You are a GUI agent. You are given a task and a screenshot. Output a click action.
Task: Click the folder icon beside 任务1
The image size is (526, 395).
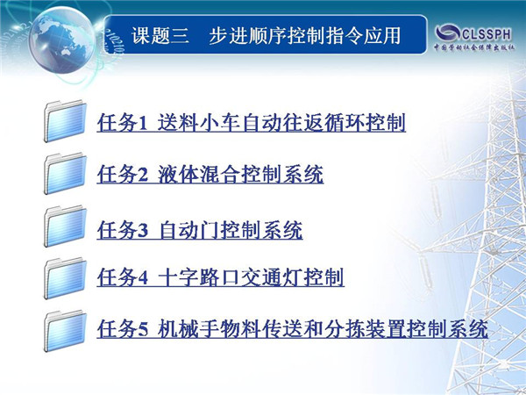[65, 121]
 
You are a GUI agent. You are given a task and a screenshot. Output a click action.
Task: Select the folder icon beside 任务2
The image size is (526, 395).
[65, 173]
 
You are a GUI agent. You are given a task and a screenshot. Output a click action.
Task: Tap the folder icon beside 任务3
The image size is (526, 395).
[65, 226]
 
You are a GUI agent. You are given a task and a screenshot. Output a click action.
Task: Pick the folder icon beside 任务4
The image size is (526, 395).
[65, 278]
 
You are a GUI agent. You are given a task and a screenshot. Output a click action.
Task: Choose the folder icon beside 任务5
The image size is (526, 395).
[65, 331]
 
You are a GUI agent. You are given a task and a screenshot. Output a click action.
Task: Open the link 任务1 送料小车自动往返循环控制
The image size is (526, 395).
[252, 122]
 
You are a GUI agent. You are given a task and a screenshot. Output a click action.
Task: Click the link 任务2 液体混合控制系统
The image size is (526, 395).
[210, 174]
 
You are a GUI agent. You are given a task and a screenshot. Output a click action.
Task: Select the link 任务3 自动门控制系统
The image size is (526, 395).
[200, 230]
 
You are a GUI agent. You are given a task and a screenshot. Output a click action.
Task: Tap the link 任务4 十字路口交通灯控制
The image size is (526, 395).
[220, 277]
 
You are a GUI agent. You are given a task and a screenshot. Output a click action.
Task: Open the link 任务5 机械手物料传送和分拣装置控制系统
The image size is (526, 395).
[293, 328]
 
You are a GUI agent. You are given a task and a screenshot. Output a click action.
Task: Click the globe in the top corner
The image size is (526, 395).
[62, 39]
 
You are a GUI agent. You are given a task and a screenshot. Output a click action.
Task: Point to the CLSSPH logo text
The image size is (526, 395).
[487, 34]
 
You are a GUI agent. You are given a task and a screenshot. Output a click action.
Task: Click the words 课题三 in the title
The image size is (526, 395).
[160, 36]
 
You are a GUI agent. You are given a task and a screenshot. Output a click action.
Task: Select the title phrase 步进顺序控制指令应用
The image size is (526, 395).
[304, 36]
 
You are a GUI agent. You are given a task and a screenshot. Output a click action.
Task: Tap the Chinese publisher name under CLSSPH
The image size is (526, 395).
[474, 47]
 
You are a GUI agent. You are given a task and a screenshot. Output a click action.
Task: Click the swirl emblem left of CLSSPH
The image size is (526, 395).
[447, 33]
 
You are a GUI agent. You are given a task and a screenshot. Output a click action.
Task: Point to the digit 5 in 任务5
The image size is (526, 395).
[143, 329]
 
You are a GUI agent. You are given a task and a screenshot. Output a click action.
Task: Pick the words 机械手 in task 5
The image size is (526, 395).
[188, 328]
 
